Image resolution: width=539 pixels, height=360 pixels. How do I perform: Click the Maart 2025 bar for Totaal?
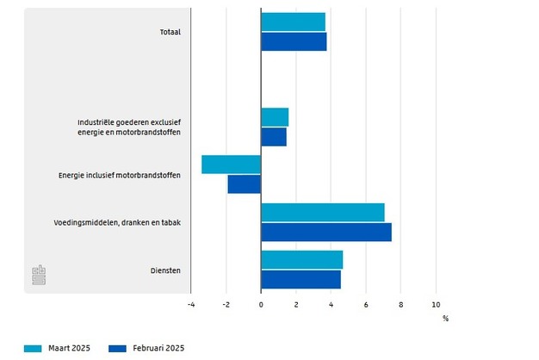coord(293,22)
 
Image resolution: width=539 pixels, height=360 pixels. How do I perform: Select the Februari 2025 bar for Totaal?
coord(294,41)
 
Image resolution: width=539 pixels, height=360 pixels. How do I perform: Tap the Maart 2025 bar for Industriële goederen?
coord(275,117)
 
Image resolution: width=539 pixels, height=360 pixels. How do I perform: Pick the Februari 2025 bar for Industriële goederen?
coord(274,137)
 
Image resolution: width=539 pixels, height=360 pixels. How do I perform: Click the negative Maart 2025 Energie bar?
coord(231,164)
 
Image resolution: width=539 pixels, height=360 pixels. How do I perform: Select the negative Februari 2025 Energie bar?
coord(244,184)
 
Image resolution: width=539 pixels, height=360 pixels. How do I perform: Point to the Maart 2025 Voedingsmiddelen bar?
coord(323,213)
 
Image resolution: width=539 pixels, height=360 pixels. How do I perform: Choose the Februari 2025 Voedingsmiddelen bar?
coord(326,233)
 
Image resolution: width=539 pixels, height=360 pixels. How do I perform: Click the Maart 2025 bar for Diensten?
coord(301,260)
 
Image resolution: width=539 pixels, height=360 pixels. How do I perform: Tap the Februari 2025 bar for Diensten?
coord(300,280)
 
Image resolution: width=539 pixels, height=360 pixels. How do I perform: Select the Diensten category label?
coord(164,271)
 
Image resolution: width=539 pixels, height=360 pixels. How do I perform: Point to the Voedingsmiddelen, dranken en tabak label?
coord(121,223)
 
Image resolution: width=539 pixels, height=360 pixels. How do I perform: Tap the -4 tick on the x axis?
coord(191,305)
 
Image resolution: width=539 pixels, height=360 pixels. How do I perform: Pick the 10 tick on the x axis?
coord(436,305)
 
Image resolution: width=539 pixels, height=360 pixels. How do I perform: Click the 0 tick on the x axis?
coord(261,305)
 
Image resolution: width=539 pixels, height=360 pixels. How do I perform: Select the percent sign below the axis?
coord(445,319)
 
